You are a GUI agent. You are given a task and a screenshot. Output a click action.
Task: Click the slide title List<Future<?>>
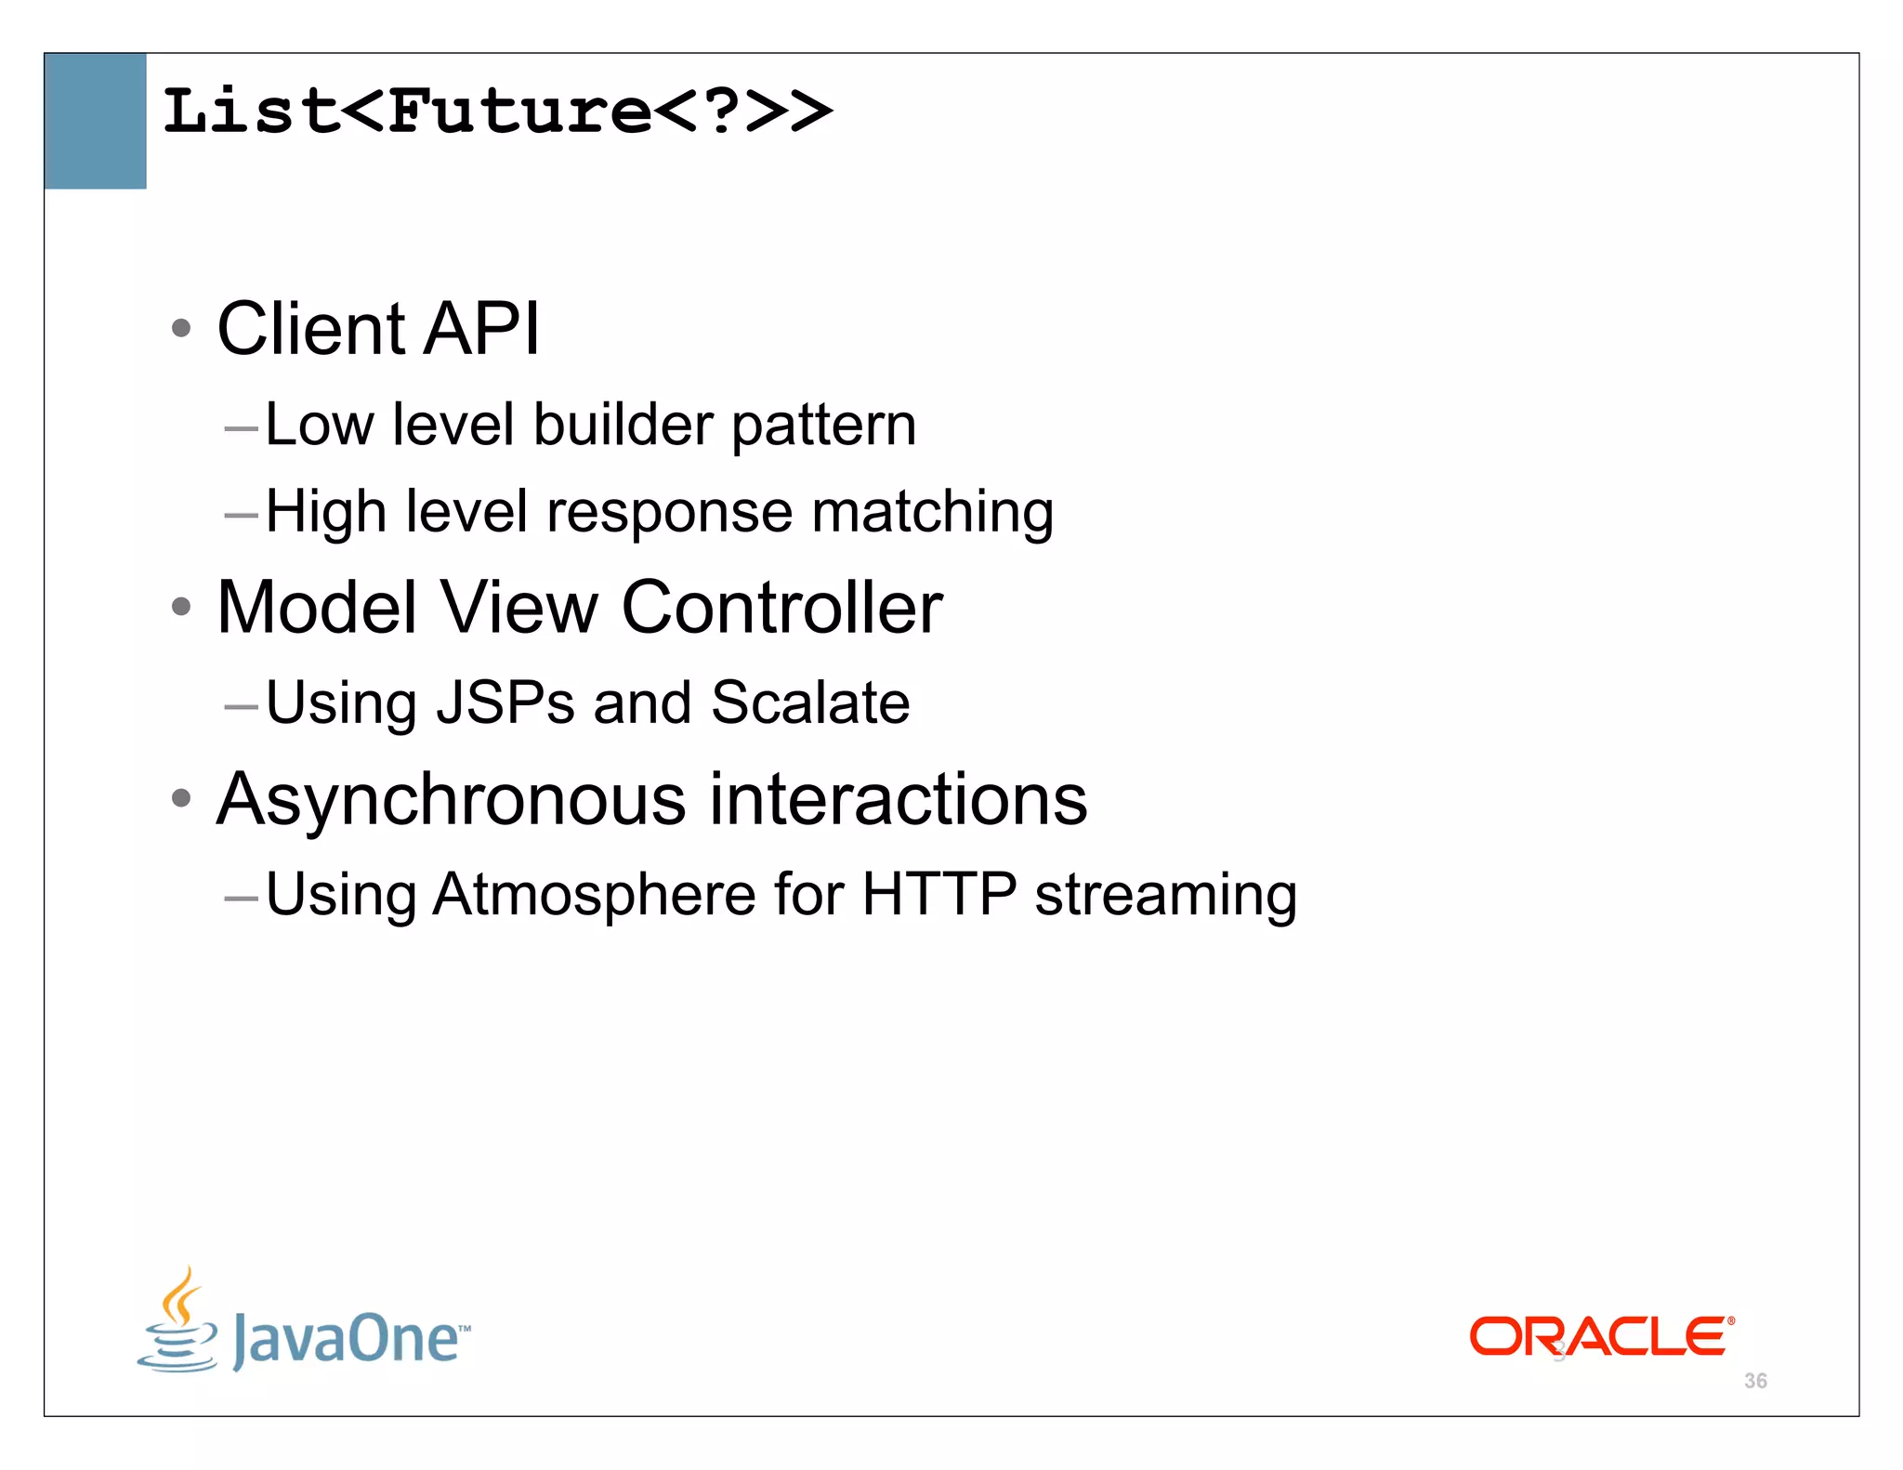pyautogui.click(x=497, y=112)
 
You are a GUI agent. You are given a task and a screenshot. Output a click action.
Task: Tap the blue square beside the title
pyautogui.click(x=95, y=121)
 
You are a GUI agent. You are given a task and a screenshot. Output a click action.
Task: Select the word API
pyautogui.click(x=481, y=329)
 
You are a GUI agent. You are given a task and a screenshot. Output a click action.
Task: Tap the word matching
pyautogui.click(x=932, y=513)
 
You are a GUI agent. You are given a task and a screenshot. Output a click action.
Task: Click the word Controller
pyautogui.click(x=781, y=608)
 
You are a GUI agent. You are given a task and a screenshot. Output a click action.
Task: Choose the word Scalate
pyautogui.click(x=810, y=702)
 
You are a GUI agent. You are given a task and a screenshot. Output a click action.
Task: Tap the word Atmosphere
pyautogui.click(x=594, y=895)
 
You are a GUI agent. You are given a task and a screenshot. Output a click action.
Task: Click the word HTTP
pyautogui.click(x=938, y=895)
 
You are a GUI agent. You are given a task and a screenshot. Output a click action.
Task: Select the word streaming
pyautogui.click(x=1165, y=897)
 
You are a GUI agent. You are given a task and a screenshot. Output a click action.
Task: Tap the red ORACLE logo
pyautogui.click(x=1600, y=1336)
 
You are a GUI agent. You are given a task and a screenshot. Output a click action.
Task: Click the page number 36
pyautogui.click(x=1755, y=1381)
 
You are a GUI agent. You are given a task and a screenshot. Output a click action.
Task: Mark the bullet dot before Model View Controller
pyautogui.click(x=181, y=608)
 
